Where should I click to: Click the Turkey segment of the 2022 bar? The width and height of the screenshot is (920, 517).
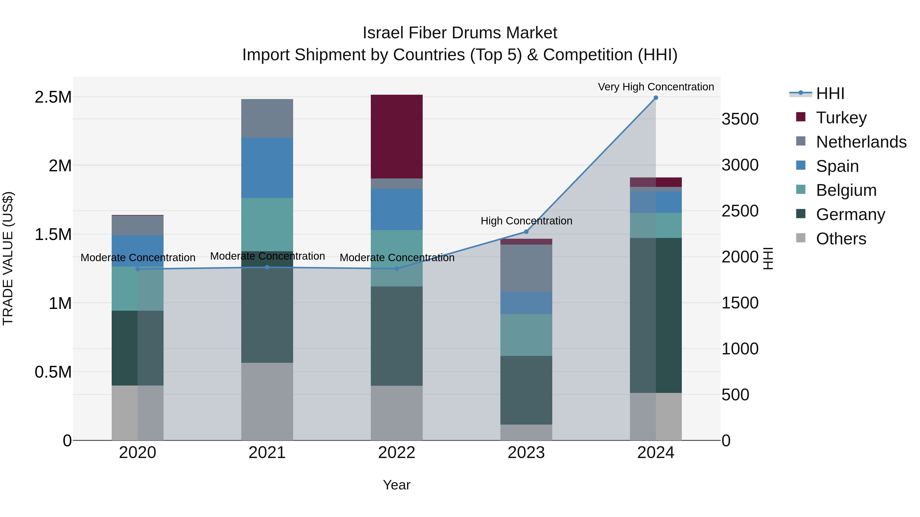click(396, 137)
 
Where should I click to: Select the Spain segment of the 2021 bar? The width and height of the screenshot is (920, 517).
click(267, 168)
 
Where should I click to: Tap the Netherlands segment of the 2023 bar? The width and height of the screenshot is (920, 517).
click(526, 268)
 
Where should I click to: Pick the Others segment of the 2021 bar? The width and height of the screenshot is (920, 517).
click(267, 401)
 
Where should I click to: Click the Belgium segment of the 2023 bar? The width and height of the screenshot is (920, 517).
click(526, 335)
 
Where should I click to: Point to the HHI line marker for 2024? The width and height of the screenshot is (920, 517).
click(656, 98)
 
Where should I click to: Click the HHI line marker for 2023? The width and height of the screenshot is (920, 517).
click(526, 232)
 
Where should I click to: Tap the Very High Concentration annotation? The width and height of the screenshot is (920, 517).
click(656, 87)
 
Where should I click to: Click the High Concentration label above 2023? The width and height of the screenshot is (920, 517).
click(526, 221)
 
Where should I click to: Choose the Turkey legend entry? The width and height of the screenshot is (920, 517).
click(841, 117)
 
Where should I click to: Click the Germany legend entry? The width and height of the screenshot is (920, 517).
click(850, 214)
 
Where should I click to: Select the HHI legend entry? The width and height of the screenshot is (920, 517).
click(830, 93)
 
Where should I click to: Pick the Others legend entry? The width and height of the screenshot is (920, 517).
click(841, 239)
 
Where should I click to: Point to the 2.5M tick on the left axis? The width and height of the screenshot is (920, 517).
click(53, 97)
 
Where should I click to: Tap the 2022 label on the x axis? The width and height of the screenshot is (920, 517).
click(396, 453)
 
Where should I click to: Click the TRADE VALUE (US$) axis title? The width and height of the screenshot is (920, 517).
click(8, 258)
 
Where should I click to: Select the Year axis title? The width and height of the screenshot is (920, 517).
click(396, 485)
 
